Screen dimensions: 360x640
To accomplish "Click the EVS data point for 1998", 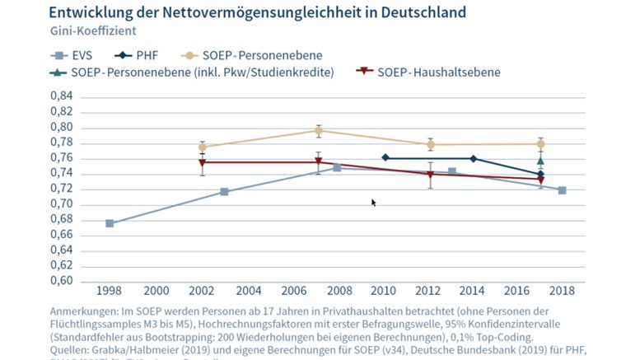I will (110, 223).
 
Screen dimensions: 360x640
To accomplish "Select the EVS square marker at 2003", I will (224, 192).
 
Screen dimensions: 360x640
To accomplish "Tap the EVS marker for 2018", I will (562, 190).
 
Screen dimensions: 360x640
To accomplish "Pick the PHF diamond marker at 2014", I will (473, 158).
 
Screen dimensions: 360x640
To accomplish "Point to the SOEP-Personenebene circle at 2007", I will (319, 130).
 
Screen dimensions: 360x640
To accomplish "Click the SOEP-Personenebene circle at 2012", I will (430, 144).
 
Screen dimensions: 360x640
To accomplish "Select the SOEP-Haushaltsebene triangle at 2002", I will (203, 162).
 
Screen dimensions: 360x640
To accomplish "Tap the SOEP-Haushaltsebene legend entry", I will (427, 72).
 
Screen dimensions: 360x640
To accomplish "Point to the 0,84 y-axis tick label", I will (62, 96).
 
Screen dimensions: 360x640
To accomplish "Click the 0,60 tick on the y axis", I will (62, 281).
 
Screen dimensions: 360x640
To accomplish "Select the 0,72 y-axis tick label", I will (62, 189).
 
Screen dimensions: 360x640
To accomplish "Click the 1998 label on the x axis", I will (110, 292).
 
